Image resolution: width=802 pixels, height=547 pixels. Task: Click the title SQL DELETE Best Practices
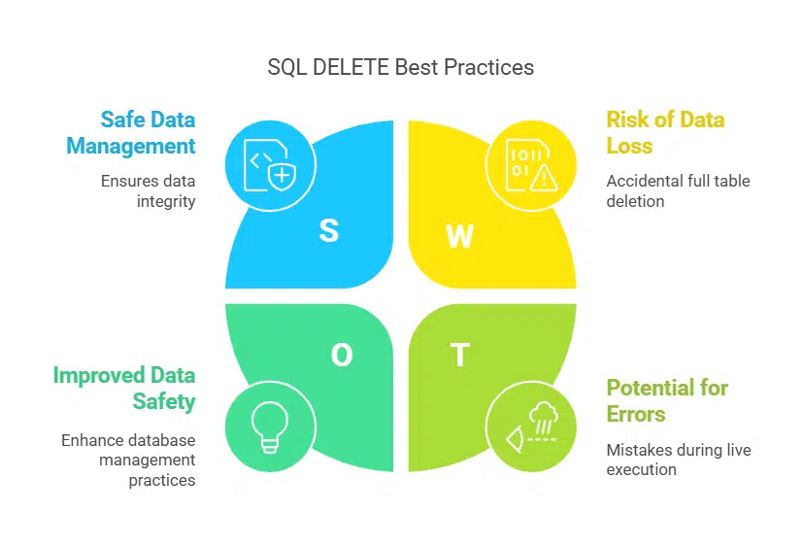(x=400, y=68)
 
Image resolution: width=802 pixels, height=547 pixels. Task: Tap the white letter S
(x=329, y=231)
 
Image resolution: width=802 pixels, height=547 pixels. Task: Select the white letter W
(x=460, y=236)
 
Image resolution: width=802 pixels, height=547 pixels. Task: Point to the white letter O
(x=342, y=355)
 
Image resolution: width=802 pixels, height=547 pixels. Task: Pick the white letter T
(x=460, y=355)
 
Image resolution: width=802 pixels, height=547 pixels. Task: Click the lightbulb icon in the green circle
(x=270, y=427)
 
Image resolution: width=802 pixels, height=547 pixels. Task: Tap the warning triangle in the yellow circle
(x=544, y=178)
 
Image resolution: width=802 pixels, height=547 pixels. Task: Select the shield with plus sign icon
(x=283, y=177)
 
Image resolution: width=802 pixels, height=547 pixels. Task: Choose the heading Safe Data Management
(x=131, y=132)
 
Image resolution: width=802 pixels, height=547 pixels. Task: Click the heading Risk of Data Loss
(x=665, y=132)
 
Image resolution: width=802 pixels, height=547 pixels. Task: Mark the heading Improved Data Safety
(x=124, y=388)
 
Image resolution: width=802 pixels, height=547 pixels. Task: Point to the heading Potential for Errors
(x=667, y=400)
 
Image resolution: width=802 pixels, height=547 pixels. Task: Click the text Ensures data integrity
(x=149, y=190)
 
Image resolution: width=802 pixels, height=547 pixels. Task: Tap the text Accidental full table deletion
(x=679, y=190)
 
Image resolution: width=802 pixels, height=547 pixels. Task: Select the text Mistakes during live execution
(x=679, y=460)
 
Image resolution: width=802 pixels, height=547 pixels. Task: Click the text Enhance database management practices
(x=128, y=460)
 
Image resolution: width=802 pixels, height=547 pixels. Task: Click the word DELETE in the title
(x=351, y=68)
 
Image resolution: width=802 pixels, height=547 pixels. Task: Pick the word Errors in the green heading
(x=636, y=414)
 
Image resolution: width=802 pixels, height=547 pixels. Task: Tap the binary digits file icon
(x=528, y=165)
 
